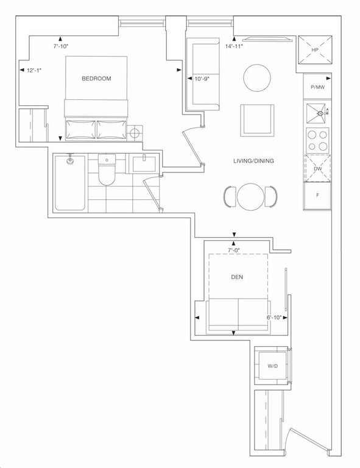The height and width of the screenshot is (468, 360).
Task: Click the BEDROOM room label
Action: pyautogui.click(x=96, y=79)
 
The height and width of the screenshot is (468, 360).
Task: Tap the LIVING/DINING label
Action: pyautogui.click(x=253, y=161)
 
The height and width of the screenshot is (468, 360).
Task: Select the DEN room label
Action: pyautogui.click(x=237, y=277)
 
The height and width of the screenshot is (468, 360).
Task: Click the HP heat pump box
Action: pyautogui.click(x=315, y=50)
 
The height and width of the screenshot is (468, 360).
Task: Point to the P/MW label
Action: pyautogui.click(x=317, y=87)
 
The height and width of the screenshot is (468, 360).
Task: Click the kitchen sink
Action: pyautogui.click(x=317, y=113)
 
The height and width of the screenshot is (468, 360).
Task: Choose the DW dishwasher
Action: pyautogui.click(x=317, y=169)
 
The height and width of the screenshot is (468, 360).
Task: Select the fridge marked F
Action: pyautogui.click(x=317, y=196)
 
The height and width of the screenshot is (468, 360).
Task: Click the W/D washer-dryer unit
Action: pyautogui.click(x=272, y=366)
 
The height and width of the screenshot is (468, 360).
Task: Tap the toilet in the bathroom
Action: pyautogui.click(x=107, y=169)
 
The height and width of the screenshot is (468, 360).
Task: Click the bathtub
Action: pyautogui.click(x=71, y=183)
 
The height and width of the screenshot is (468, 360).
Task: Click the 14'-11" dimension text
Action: pyautogui.click(x=234, y=46)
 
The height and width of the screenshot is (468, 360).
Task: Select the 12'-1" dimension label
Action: pyautogui.click(x=34, y=71)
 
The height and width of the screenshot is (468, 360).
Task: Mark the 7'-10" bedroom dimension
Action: pyautogui.click(x=61, y=46)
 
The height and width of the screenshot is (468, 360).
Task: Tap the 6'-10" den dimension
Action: pyautogui.click(x=274, y=317)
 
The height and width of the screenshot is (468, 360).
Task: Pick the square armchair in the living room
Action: pyautogui.click(x=258, y=120)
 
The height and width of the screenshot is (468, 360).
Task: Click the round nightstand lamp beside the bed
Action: pyautogui.click(x=135, y=133)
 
